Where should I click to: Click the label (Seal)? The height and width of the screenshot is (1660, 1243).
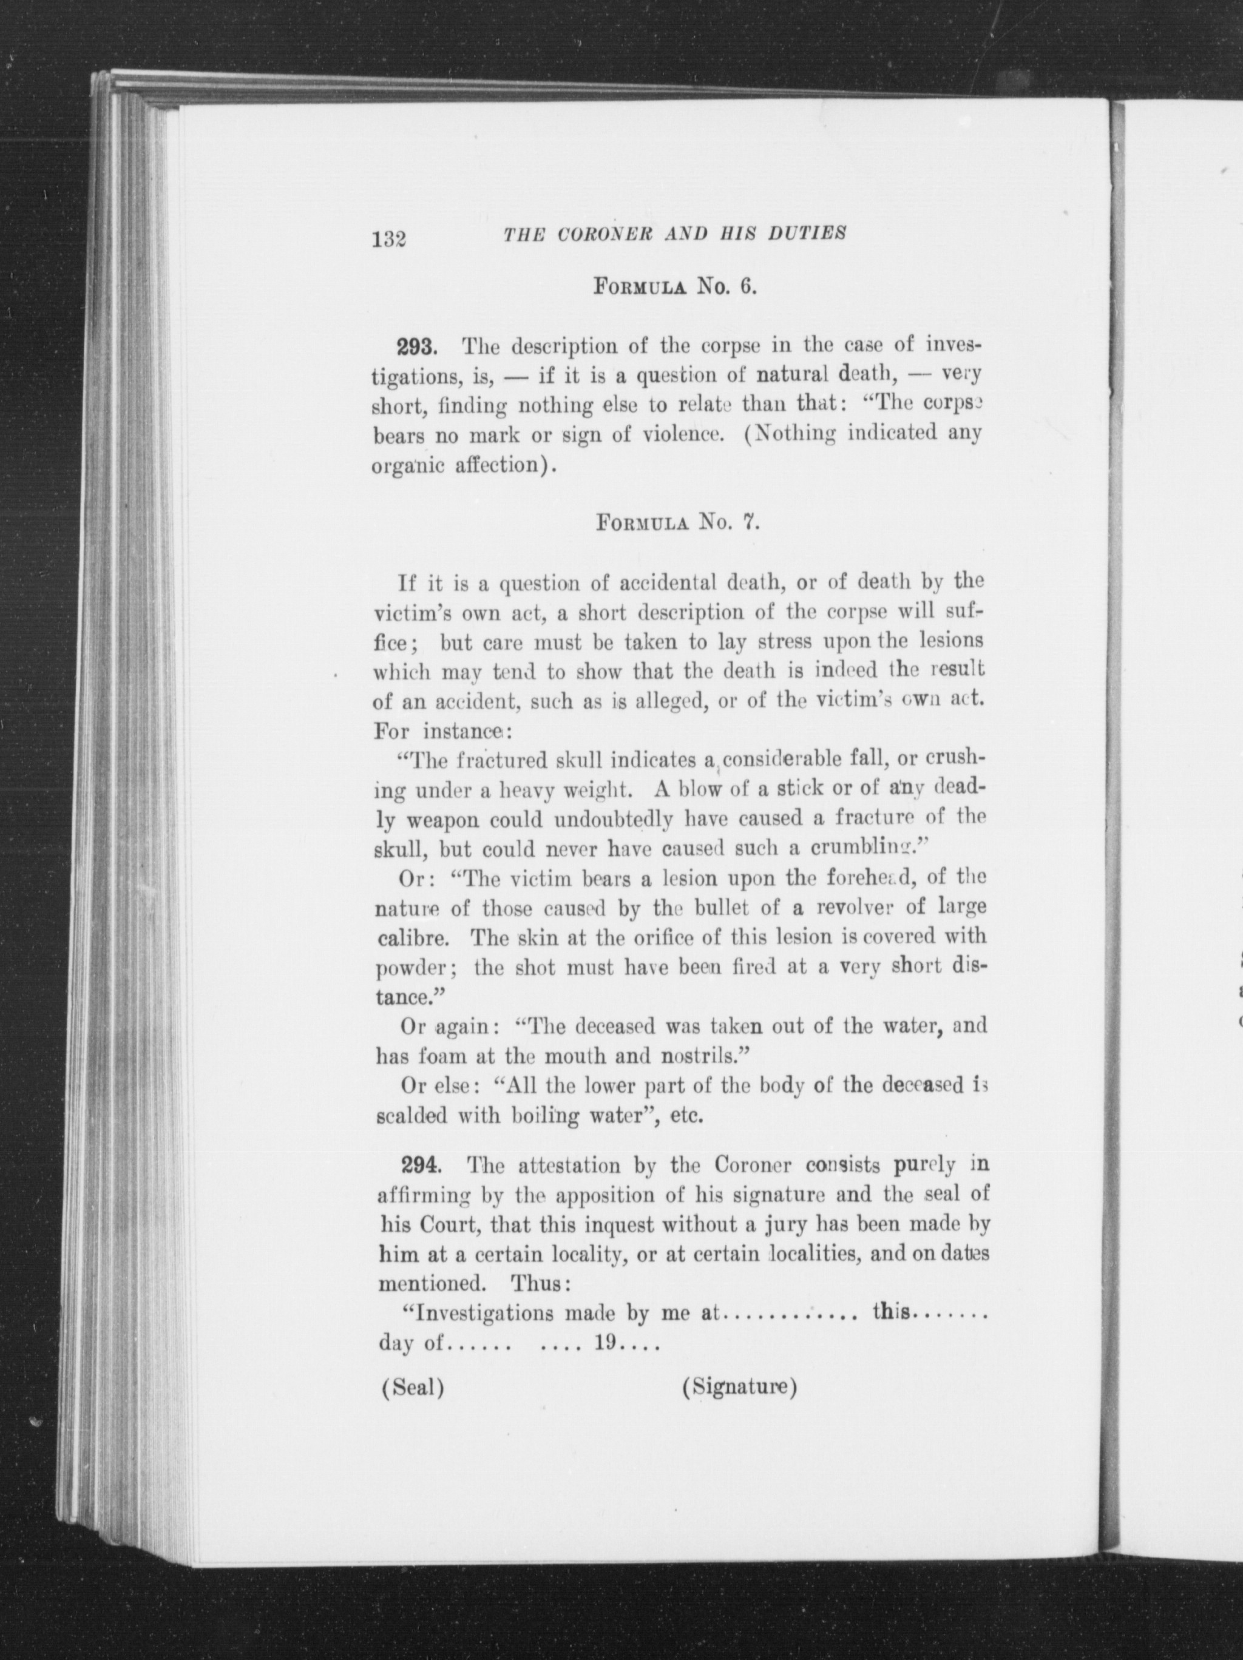coord(413,1388)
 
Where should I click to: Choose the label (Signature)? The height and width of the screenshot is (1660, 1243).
coord(739,1387)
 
